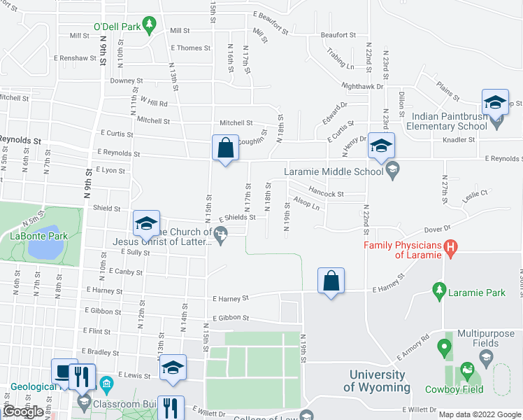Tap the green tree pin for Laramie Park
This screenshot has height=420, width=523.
(439, 289)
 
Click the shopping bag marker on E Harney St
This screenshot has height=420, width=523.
(331, 281)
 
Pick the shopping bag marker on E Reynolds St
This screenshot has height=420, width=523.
(225, 148)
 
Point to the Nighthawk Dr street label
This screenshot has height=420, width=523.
(363, 86)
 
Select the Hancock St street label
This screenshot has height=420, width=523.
(326, 194)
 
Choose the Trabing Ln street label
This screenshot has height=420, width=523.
(341, 59)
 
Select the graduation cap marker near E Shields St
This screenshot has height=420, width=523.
(146, 223)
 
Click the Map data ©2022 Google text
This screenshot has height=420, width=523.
(479, 414)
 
